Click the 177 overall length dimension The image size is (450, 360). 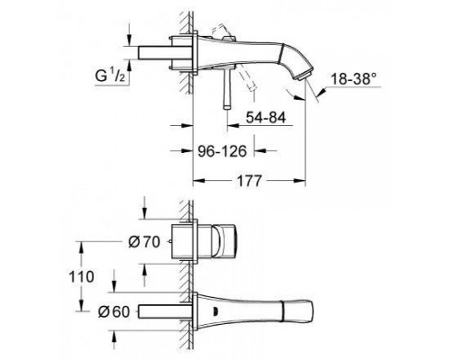(x=245, y=181)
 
